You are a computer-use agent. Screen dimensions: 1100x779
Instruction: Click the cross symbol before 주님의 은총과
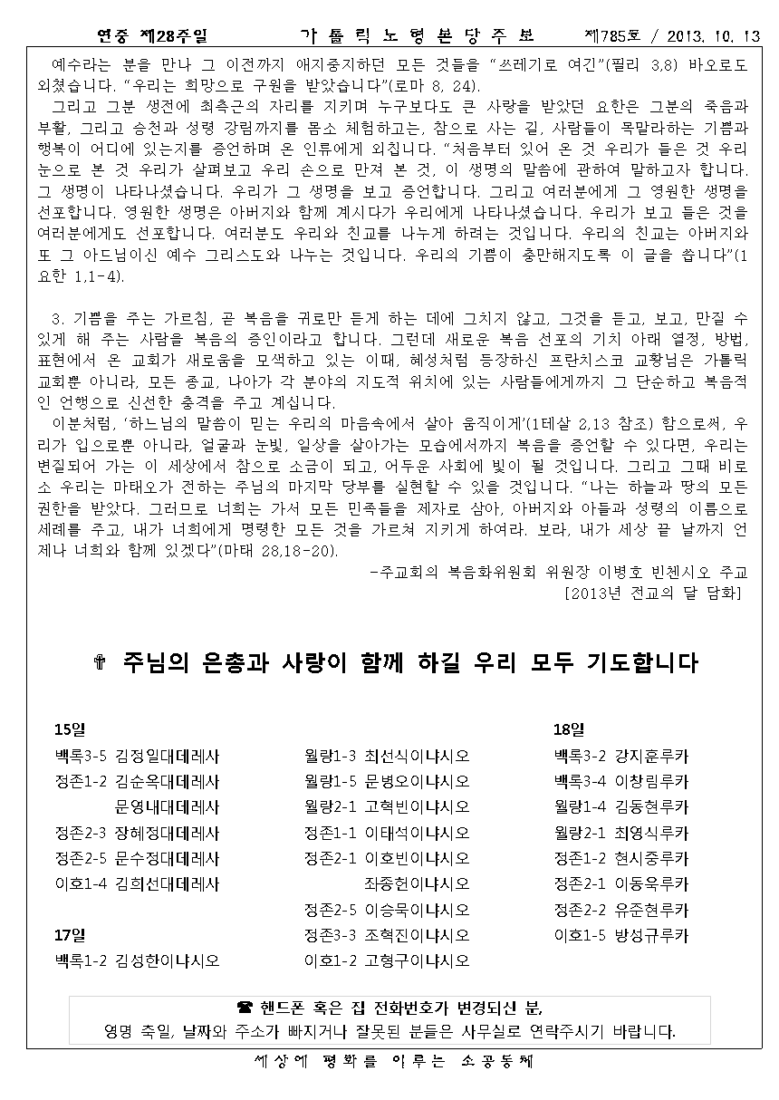click(101, 663)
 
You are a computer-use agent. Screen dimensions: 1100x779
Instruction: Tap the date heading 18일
click(569, 729)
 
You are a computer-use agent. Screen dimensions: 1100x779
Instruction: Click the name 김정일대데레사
click(168, 755)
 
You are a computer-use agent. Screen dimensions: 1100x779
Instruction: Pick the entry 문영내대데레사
click(168, 806)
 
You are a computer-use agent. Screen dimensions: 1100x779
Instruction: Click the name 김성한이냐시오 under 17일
click(168, 960)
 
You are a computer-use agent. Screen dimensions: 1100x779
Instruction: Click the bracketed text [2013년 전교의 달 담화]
click(651, 593)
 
